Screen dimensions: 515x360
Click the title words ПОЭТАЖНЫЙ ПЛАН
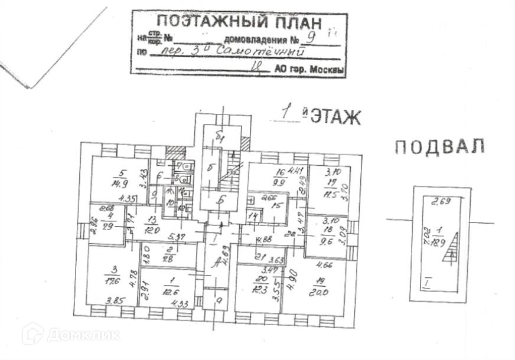click(239, 24)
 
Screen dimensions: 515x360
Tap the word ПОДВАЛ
click(439, 146)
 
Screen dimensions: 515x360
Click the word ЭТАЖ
click(335, 117)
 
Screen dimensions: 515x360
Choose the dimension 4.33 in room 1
click(178, 303)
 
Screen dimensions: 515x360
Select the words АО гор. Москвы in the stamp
click(309, 69)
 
